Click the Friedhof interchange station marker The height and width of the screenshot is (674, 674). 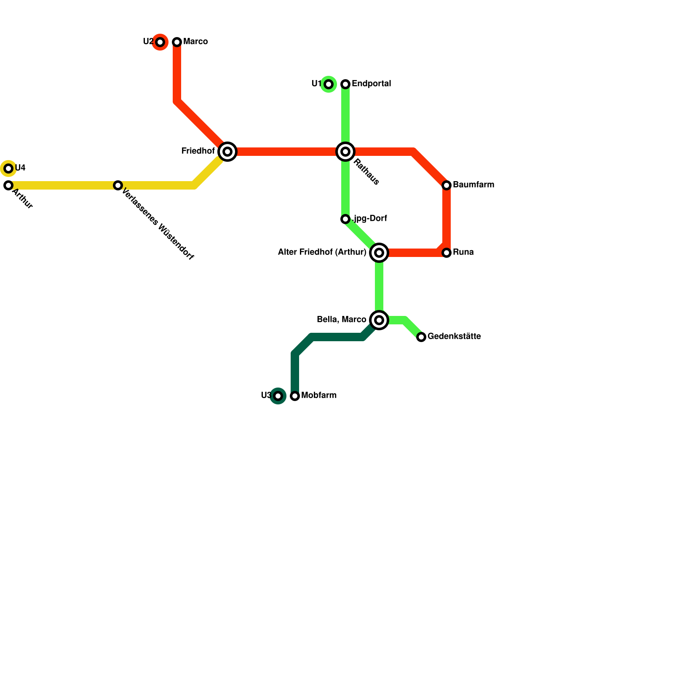(x=227, y=152)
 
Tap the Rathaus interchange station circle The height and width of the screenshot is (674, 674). (x=345, y=152)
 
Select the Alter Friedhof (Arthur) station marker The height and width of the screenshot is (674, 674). (x=379, y=253)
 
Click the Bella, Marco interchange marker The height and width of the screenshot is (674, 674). (x=379, y=320)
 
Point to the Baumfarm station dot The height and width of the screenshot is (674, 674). (x=447, y=185)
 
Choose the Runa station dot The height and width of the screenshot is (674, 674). (x=447, y=253)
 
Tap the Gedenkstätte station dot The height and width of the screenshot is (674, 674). (x=421, y=337)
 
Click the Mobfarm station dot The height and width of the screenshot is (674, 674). (x=295, y=396)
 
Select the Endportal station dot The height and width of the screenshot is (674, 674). (x=345, y=84)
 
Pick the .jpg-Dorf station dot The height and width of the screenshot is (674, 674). (x=345, y=219)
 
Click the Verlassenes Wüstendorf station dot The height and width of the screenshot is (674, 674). (x=118, y=185)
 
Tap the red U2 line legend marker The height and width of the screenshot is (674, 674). (x=160, y=42)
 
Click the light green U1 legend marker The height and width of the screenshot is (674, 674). (x=329, y=84)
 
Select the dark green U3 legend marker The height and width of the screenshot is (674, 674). (x=278, y=396)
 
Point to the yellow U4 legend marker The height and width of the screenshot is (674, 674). (x=8, y=168)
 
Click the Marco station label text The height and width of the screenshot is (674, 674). (x=195, y=42)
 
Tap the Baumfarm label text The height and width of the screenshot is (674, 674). (x=473, y=185)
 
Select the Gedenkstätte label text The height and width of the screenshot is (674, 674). (x=454, y=337)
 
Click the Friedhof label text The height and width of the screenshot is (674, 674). (x=198, y=151)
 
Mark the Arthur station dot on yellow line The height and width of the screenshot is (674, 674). (x=8, y=185)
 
